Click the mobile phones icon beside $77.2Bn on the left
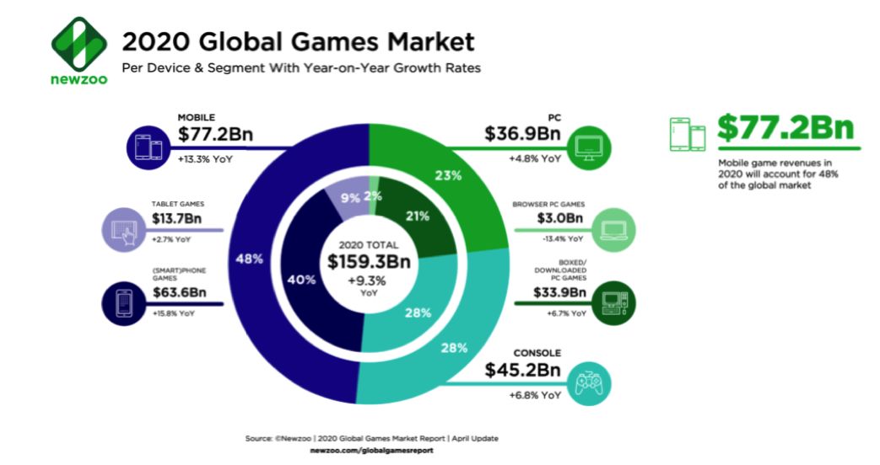click(x=148, y=145)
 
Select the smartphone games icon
click(x=124, y=301)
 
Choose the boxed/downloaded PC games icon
click(x=613, y=301)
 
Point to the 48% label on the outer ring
click(x=250, y=259)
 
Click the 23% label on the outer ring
click(x=448, y=176)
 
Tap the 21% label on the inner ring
click(x=417, y=216)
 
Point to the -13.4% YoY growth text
click(x=561, y=238)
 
